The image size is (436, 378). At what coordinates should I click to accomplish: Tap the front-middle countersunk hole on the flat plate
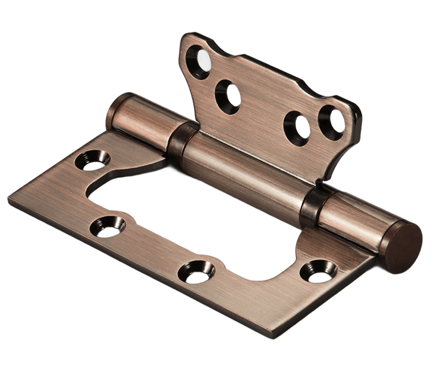[x=198, y=271]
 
